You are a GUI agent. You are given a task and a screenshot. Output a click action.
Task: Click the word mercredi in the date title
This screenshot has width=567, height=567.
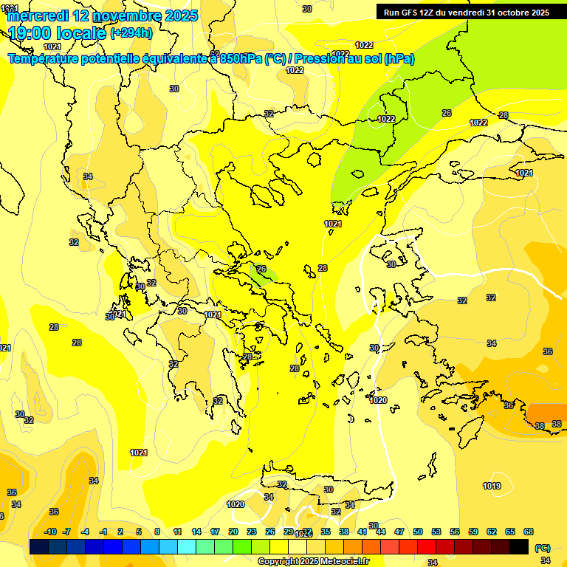[37, 15]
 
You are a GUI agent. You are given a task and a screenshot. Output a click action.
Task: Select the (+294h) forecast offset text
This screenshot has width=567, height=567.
[131, 32]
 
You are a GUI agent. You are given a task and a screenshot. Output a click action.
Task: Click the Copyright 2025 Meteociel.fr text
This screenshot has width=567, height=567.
[313, 562]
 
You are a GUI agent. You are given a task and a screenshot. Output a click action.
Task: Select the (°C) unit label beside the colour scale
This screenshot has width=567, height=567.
[542, 548]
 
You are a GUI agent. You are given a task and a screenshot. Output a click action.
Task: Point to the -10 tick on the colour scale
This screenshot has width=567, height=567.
[50, 532]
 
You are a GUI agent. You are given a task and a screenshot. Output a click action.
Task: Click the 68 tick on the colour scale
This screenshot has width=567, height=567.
[529, 532]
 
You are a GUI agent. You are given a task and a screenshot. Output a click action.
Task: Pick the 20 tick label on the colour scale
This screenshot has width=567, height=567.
[233, 532]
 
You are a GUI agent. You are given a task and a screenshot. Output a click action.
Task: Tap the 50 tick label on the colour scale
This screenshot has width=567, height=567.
[418, 532]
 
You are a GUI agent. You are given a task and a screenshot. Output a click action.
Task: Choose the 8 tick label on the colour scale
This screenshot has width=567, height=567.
[157, 532]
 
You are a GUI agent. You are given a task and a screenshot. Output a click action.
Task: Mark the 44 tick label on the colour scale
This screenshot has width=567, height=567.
[381, 532]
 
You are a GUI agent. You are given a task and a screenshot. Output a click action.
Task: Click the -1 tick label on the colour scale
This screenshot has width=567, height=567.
[103, 532]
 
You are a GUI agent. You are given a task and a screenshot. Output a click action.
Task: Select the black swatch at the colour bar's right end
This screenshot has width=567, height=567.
[519, 547]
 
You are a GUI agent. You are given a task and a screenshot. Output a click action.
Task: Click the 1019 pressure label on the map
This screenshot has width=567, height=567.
[492, 486]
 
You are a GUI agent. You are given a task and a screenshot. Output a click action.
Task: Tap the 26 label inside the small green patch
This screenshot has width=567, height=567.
[261, 269]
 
